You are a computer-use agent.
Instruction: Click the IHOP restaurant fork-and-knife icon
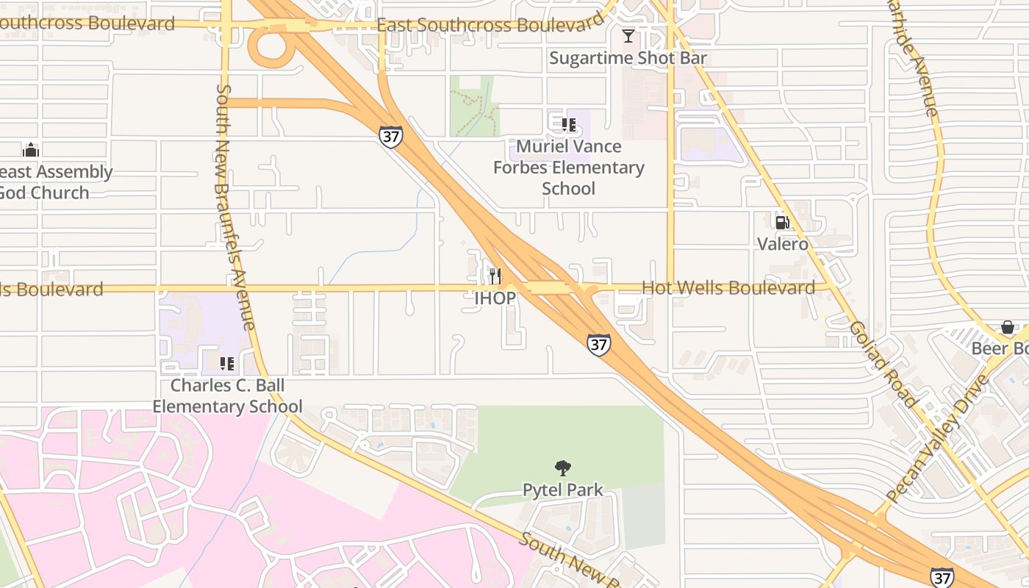495,276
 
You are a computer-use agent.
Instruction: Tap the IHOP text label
495,298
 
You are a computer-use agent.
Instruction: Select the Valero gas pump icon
782,222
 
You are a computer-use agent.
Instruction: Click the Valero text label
782,244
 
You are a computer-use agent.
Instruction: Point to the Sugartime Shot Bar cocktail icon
628,36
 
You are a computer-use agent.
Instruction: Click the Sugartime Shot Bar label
628,58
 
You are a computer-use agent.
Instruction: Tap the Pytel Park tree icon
563,468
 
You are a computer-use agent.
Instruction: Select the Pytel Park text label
563,490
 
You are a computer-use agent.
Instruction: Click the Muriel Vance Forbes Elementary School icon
568,125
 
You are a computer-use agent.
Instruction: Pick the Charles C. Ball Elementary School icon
227,363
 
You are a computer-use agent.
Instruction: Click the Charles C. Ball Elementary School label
227,395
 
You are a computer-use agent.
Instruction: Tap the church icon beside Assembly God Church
31,150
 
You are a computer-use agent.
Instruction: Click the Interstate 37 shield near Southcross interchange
391,136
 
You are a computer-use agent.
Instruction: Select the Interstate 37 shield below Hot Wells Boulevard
598,344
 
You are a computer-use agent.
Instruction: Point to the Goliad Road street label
882,364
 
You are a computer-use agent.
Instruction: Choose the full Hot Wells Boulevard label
728,288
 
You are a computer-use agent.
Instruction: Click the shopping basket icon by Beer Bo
1008,327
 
